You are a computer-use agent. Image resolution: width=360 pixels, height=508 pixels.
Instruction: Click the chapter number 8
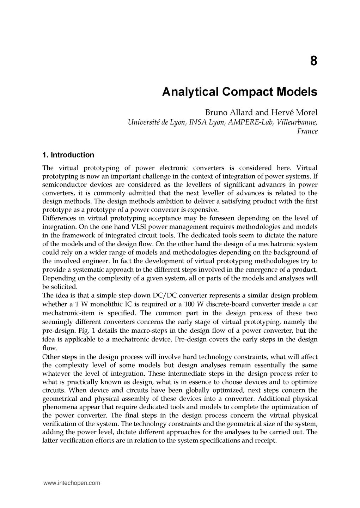(x=313, y=61)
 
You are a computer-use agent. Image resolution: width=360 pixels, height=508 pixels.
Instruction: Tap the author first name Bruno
(x=216, y=113)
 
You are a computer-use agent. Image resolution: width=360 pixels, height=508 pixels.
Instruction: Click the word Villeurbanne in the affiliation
(x=297, y=122)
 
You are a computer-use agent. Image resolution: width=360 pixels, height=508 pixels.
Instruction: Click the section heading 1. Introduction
(x=68, y=155)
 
